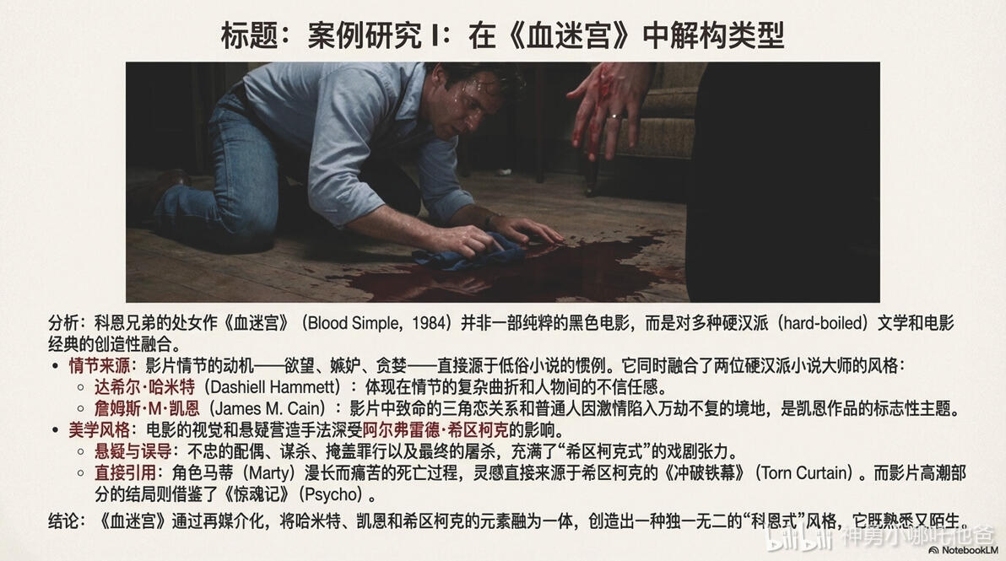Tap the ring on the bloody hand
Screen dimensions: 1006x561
pos(614,117)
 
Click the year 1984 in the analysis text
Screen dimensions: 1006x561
pos(429,322)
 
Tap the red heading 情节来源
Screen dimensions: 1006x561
pos(100,365)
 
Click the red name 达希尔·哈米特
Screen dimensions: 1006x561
pos(144,386)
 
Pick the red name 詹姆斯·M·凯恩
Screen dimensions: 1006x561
pos(147,408)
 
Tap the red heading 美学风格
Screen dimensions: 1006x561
pos(100,429)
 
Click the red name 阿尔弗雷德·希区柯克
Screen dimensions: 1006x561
pos(435,429)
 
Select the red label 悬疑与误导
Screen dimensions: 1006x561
pos(133,451)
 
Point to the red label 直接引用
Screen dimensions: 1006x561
pos(125,473)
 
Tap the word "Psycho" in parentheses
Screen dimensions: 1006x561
pos(331,495)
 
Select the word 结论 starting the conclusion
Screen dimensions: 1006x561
pos(62,520)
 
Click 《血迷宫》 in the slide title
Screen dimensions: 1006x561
pos(567,35)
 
